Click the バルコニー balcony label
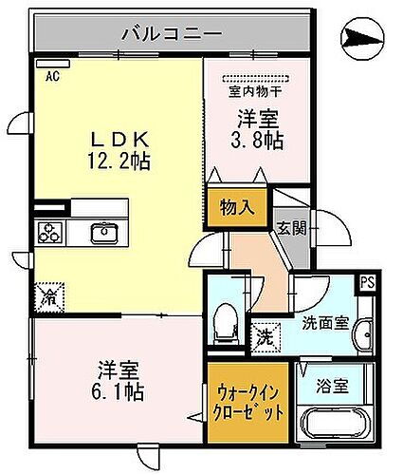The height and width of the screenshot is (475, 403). [x=172, y=35]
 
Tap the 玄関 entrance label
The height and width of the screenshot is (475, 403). [x=289, y=228]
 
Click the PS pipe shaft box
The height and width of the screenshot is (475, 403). [x=365, y=281]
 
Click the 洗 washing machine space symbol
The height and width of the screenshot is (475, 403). [x=267, y=335]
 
